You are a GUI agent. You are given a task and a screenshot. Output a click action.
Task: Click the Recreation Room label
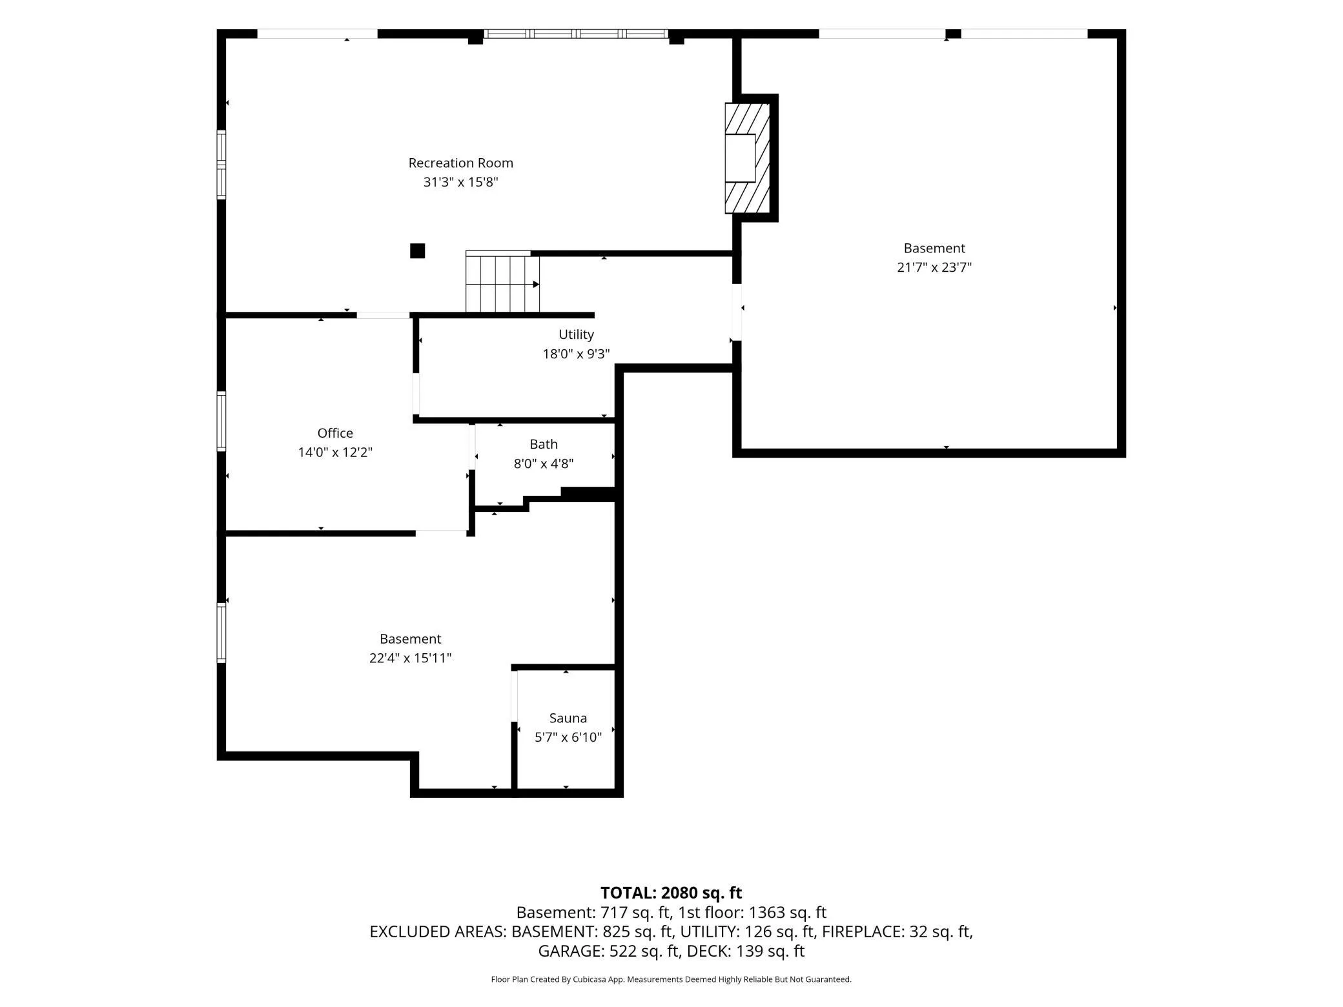click(x=460, y=163)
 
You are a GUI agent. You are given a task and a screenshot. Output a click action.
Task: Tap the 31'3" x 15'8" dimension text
click(x=460, y=182)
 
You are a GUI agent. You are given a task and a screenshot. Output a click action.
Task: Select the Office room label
click(x=335, y=433)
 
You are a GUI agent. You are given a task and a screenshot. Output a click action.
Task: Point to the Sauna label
click(x=568, y=718)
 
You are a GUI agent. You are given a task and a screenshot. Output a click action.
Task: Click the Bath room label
click(x=544, y=444)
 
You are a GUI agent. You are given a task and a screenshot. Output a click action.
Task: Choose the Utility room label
click(x=576, y=334)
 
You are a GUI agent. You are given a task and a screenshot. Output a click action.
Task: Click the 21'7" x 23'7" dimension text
click(x=934, y=267)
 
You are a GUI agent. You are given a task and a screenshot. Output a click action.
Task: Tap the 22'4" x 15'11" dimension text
click(x=410, y=658)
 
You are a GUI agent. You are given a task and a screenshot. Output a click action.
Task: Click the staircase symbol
click(x=503, y=281)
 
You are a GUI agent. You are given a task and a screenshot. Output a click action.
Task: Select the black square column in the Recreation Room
click(x=418, y=250)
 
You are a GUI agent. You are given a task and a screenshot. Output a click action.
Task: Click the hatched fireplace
click(x=747, y=158)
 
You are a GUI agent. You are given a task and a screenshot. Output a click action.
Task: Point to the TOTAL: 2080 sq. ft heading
click(x=671, y=893)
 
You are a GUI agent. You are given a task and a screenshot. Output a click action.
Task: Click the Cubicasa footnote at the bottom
click(x=671, y=979)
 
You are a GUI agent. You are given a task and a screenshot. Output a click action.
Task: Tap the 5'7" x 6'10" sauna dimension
click(x=568, y=737)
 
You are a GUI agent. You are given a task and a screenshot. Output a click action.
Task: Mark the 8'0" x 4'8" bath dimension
click(x=544, y=463)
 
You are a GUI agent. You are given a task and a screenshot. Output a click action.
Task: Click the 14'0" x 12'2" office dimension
click(x=335, y=453)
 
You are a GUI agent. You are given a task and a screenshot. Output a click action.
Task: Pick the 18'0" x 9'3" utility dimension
click(x=576, y=354)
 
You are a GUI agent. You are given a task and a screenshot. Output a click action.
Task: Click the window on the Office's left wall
click(x=221, y=421)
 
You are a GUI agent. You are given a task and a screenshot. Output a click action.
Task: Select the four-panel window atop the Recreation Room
click(x=576, y=34)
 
